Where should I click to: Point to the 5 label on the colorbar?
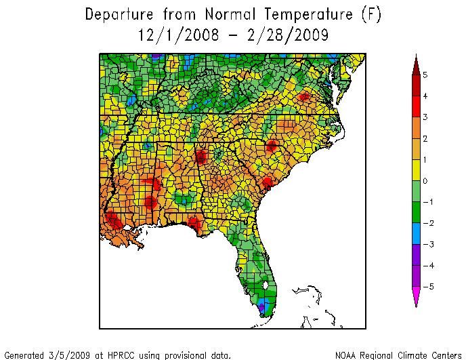click(x=425, y=75)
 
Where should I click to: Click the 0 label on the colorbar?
click(x=425, y=181)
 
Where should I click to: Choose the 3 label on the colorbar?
click(x=425, y=117)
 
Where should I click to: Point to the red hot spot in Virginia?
click(x=304, y=97)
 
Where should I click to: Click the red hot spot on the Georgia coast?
click(x=267, y=182)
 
